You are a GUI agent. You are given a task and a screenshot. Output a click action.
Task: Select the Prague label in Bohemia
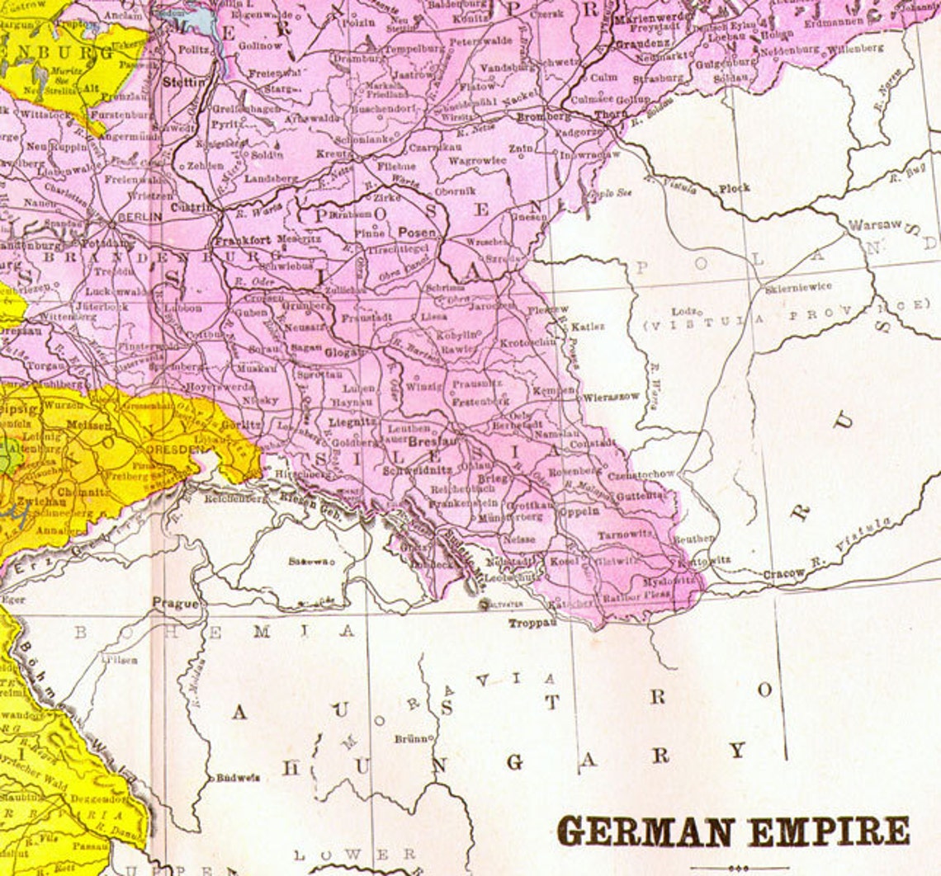(x=175, y=603)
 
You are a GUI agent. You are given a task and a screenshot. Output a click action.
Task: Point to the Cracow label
(x=783, y=573)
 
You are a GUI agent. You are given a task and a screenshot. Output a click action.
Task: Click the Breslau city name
(x=428, y=442)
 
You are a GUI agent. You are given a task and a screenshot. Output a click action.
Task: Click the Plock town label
(x=734, y=188)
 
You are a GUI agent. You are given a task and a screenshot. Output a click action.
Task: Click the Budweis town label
(x=238, y=777)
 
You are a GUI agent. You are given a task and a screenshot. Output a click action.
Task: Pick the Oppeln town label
(x=581, y=511)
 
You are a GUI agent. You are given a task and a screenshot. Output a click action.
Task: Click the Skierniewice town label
(x=798, y=286)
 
